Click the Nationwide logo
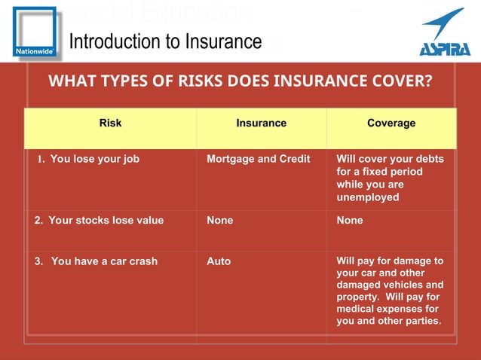point(34,32)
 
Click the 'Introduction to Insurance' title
point(165,41)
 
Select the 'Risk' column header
point(110,123)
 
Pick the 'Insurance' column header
point(261,123)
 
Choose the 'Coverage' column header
point(391,123)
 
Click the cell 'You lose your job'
point(94,159)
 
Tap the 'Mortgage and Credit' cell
point(257,159)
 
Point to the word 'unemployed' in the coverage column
point(367,197)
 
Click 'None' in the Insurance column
point(219,221)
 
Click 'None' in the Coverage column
point(350,221)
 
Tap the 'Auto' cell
point(219,261)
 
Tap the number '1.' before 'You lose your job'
point(42,159)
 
